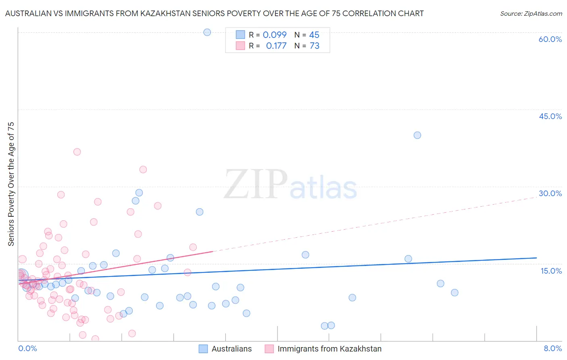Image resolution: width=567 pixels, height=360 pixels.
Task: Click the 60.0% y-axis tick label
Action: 550,39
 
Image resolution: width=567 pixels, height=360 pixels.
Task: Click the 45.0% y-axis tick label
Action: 550,116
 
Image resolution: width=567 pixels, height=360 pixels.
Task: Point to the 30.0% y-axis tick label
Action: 550,193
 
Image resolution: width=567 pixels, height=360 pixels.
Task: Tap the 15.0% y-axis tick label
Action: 551,270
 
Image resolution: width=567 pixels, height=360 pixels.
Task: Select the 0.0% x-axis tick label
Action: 27,348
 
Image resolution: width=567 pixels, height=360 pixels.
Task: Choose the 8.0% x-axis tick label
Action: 552,348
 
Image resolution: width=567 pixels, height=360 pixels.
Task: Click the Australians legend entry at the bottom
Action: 225,349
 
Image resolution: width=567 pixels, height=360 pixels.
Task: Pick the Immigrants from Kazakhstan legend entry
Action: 323,349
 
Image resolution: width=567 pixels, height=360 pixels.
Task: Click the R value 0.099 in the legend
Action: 275,35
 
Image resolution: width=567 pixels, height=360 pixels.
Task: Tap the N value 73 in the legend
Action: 315,46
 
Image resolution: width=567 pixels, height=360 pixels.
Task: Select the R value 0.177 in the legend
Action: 276,46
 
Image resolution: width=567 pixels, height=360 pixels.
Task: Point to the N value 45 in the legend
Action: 314,35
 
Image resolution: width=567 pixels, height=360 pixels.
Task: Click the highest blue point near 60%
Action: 207,32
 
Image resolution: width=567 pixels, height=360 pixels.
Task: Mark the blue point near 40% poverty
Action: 417,135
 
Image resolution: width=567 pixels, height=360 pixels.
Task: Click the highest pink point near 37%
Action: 77,152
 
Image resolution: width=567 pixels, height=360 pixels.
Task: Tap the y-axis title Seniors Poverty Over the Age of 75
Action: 11,184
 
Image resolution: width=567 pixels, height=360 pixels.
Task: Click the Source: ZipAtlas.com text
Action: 531,14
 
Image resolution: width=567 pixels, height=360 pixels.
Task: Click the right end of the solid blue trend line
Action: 536,257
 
